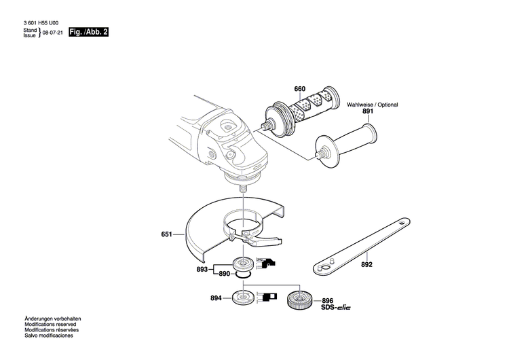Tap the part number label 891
[x=368, y=111]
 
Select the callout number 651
[x=167, y=235]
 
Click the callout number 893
[x=202, y=269]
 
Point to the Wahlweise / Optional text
[x=373, y=105]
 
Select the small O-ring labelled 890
[x=243, y=275]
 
